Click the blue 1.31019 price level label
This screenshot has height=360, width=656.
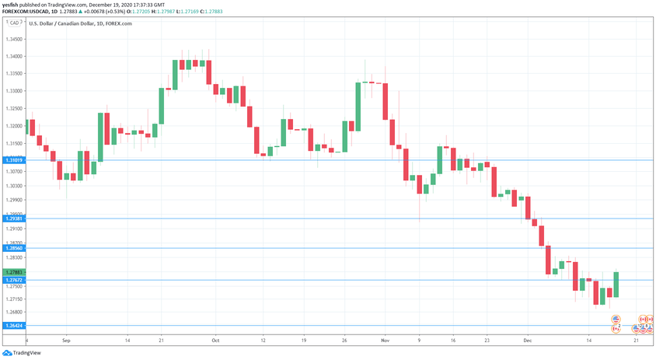pos(13,160)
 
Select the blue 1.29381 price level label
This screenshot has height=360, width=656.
pos(13,218)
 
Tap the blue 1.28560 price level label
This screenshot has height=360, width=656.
pos(13,248)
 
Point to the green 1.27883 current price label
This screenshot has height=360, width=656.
pos(13,272)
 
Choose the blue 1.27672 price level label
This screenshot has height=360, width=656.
pos(13,280)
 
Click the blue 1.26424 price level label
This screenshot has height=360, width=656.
pos(13,326)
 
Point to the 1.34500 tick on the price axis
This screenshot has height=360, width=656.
pos(13,38)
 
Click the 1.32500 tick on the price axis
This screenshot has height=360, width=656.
pos(13,108)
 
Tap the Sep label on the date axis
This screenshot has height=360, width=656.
pos(66,341)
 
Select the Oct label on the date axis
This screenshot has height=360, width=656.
pos(215,341)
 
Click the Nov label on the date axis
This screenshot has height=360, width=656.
pos(385,341)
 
